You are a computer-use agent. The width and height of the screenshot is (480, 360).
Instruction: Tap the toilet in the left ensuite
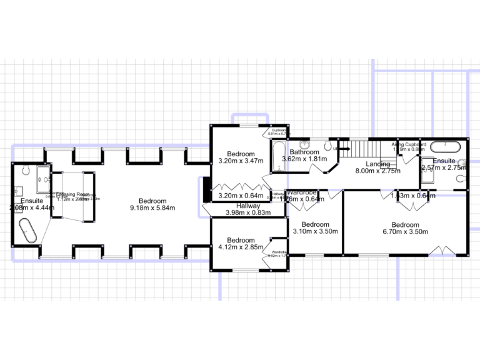26,170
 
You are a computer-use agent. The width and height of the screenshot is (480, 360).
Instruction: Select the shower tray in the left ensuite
44,179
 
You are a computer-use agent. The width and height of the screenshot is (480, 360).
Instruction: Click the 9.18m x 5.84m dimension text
152,208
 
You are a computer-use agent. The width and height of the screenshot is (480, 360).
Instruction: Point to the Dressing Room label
73,195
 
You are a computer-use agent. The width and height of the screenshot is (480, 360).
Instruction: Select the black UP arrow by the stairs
342,149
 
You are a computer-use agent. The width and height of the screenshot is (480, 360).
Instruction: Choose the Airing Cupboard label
409,144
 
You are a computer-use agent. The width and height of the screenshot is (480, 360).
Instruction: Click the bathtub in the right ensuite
445,147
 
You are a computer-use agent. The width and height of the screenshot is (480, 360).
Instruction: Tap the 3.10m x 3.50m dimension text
315,232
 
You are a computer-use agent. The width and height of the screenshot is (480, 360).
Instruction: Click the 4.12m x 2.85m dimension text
241,247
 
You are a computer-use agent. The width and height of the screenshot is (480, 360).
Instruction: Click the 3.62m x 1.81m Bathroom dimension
304,159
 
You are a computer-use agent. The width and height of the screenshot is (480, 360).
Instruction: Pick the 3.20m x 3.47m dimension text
241,161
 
